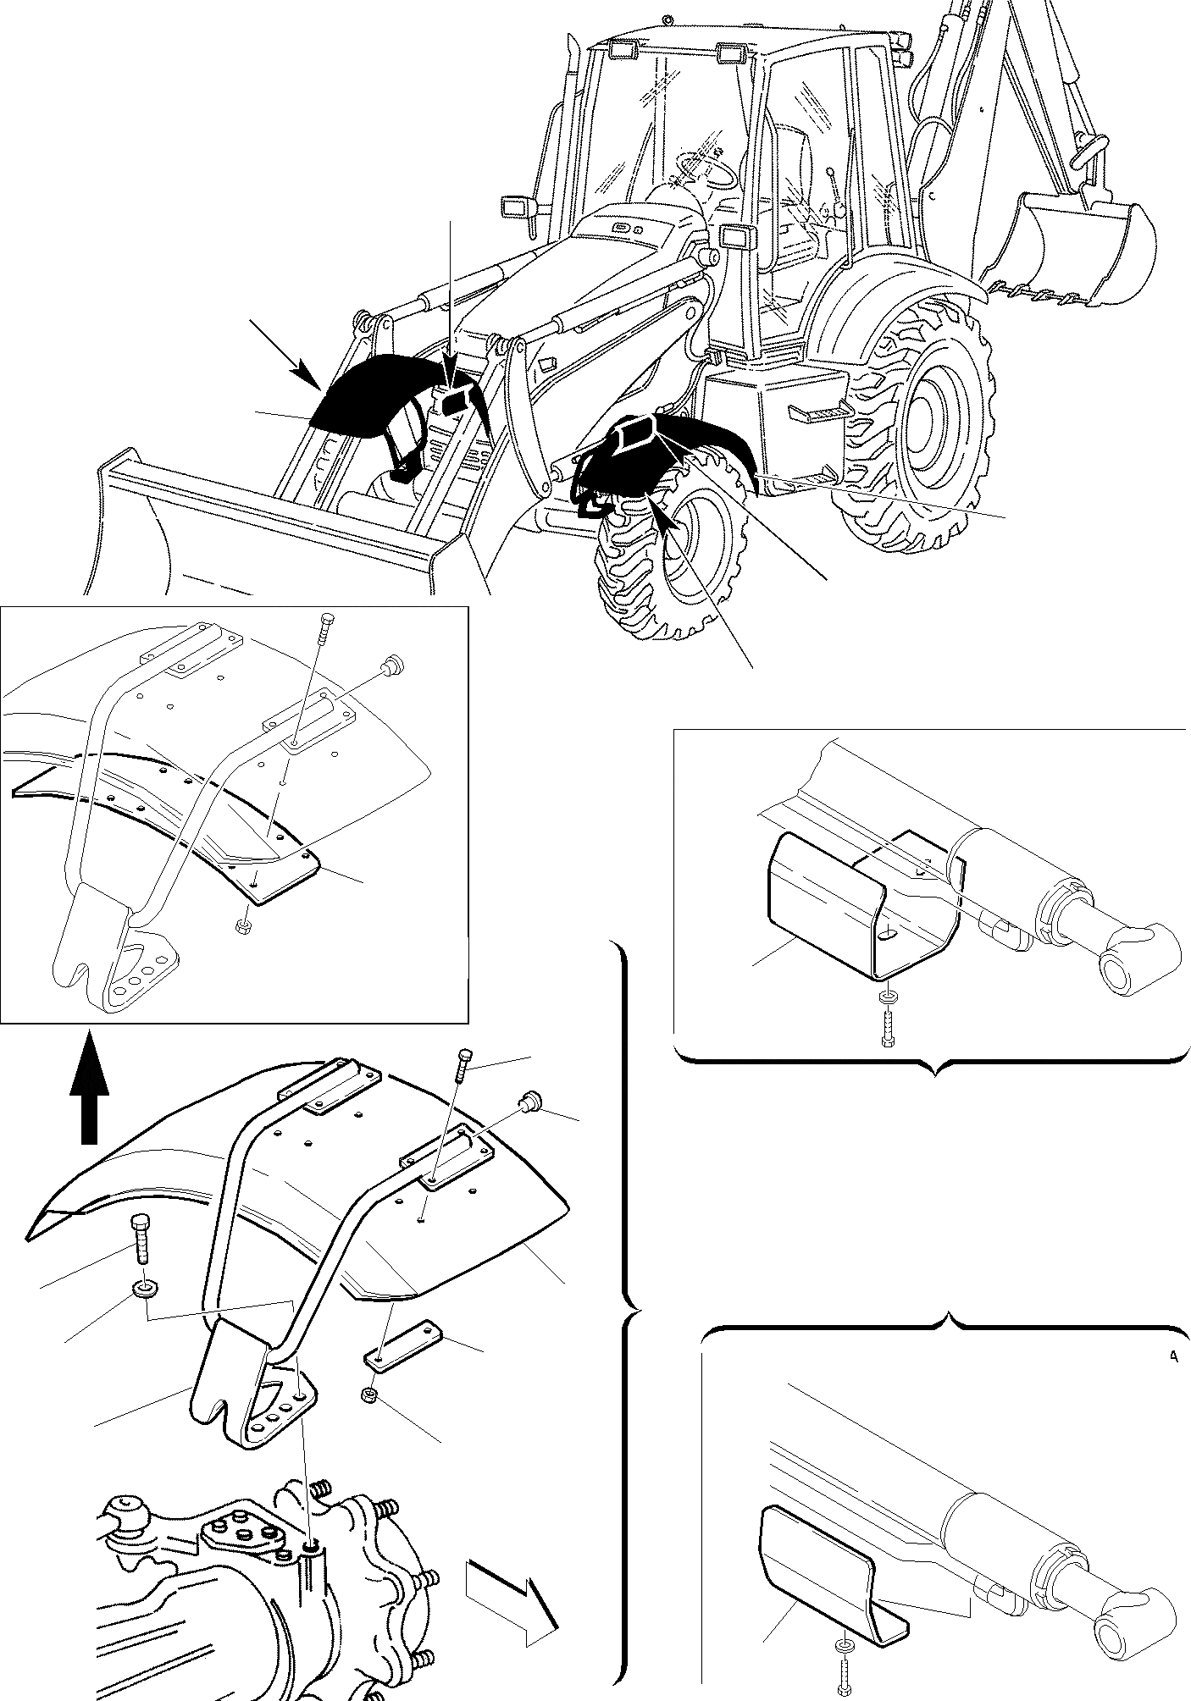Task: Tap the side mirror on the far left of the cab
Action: click(515, 207)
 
